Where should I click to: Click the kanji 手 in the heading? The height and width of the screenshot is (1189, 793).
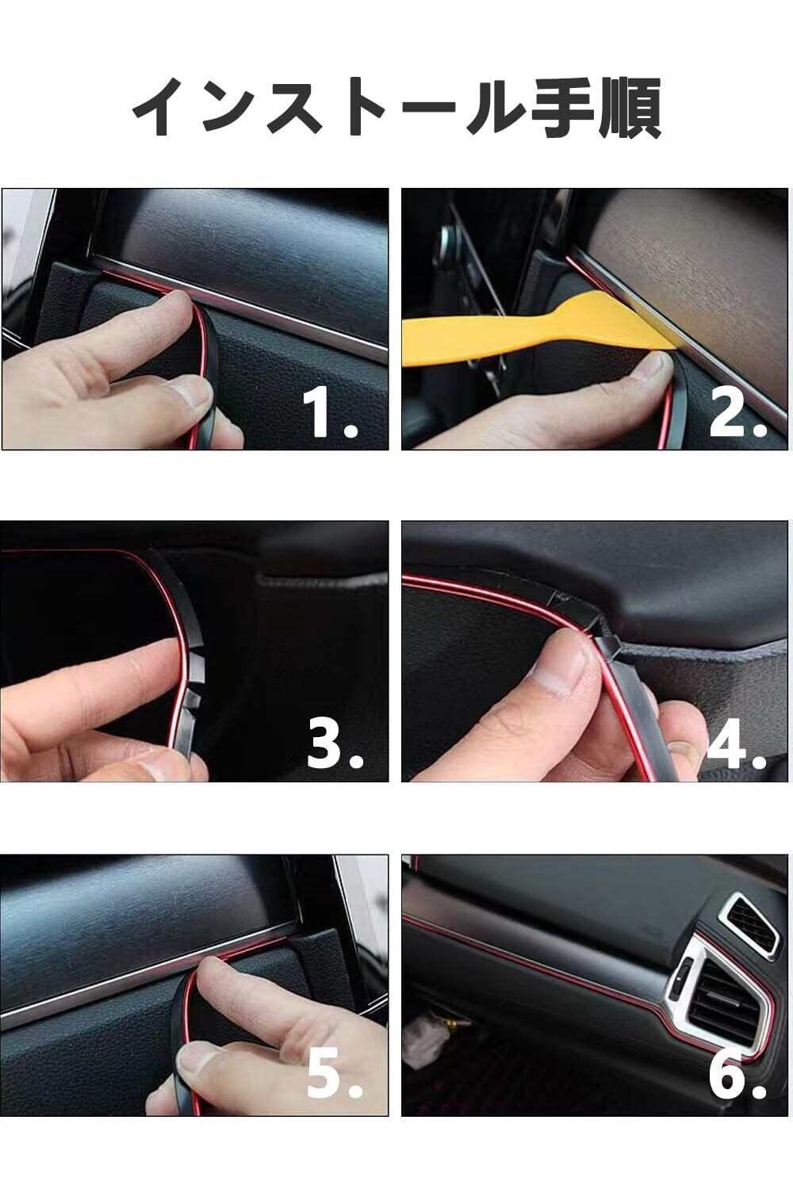pyautogui.click(x=559, y=108)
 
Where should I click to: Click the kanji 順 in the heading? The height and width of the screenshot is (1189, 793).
pyautogui.click(x=629, y=108)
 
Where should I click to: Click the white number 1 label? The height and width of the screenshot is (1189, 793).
pyautogui.click(x=319, y=412)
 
